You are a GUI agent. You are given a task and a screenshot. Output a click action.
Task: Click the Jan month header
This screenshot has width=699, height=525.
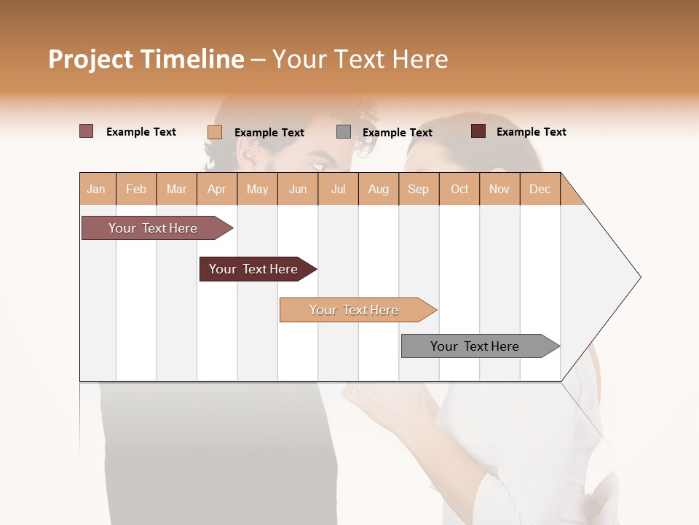pyautogui.click(x=97, y=189)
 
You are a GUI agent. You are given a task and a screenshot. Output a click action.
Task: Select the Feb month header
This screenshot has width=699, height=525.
pyautogui.click(x=136, y=189)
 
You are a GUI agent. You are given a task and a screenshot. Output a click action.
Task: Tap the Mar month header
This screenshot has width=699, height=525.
pyautogui.click(x=176, y=189)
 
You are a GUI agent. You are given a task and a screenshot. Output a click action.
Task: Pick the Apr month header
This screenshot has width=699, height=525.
pyautogui.click(x=217, y=189)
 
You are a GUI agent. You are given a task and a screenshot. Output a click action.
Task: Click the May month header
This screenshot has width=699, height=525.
pyautogui.click(x=257, y=189)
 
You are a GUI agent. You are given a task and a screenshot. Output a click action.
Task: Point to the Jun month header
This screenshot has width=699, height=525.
pyautogui.click(x=298, y=189)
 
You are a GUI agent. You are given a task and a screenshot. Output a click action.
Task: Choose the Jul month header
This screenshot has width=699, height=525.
pyautogui.click(x=338, y=189)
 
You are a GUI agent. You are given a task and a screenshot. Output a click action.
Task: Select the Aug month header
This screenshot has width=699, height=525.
pyautogui.click(x=379, y=189)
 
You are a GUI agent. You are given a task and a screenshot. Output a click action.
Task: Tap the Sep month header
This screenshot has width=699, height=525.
pyautogui.click(x=419, y=189)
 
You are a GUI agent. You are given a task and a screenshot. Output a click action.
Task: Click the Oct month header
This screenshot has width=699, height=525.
pyautogui.click(x=459, y=189)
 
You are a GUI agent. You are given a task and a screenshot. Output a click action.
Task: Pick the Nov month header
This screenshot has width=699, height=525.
pyautogui.click(x=499, y=189)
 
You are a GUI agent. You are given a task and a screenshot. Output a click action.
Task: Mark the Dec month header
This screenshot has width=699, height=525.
pyautogui.click(x=540, y=189)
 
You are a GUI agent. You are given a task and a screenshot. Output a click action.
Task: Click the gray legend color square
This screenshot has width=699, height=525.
pyautogui.click(x=344, y=132)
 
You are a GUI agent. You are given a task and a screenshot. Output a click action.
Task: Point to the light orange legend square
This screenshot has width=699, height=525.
pyautogui.click(x=215, y=132)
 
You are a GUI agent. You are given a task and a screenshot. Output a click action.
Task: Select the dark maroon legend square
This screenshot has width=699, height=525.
pyautogui.click(x=478, y=131)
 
